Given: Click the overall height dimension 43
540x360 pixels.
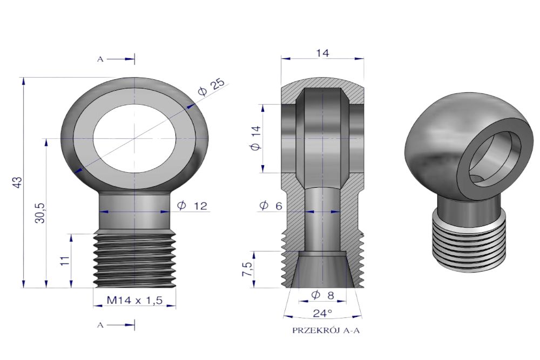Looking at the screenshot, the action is (18, 182).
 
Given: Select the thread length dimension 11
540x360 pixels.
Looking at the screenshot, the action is (66, 260).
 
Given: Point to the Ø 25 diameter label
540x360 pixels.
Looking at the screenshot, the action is (212, 87).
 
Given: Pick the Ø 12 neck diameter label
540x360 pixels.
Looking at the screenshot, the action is (192, 206).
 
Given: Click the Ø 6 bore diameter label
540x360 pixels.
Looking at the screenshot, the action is (271, 206).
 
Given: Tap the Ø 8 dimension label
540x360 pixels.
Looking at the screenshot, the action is (322, 295).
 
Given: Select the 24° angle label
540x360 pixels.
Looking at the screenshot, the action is (322, 313).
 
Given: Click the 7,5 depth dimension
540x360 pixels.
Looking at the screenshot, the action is (247, 269).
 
